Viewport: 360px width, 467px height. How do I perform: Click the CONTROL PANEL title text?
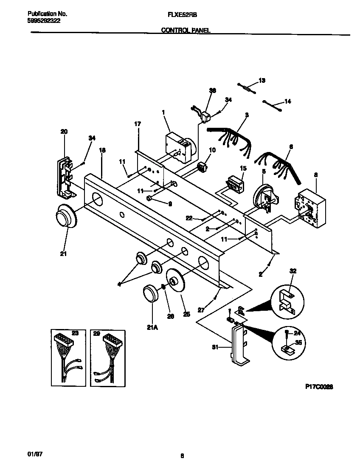coord(186,30)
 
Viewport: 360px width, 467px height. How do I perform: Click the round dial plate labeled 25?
coord(176,281)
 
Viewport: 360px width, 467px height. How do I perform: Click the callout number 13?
coord(262,80)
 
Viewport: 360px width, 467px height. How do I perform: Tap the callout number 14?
coord(287,101)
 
